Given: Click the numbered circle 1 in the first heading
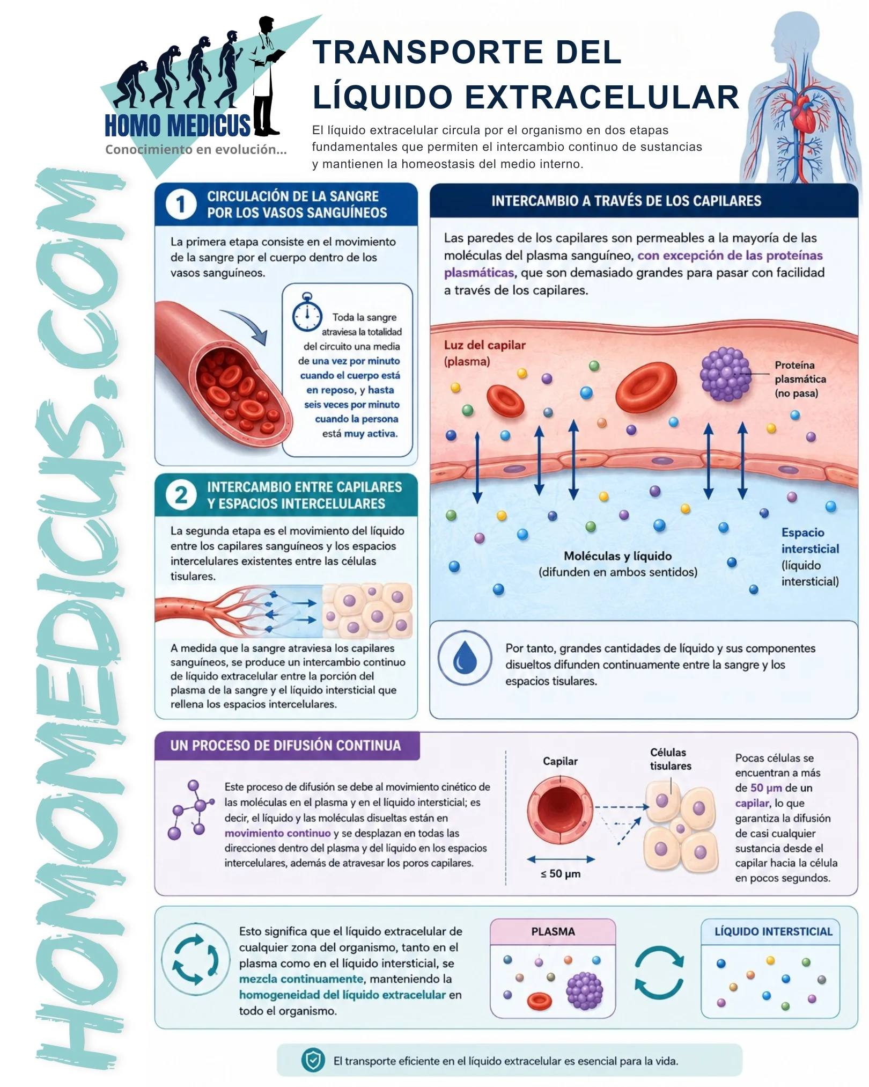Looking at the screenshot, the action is click(181, 205).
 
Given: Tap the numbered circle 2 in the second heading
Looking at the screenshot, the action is click(181, 495).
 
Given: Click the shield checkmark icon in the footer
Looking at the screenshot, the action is click(313, 1060).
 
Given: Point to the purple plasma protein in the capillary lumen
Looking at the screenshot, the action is click(725, 374).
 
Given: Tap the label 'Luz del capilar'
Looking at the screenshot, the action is click(484, 345).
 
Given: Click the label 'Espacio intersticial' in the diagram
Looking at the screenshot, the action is click(810, 541).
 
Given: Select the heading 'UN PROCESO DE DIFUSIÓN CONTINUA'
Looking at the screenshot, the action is click(285, 746).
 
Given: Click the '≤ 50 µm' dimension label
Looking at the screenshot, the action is click(561, 873).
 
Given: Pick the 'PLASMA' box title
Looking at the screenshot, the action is click(553, 932).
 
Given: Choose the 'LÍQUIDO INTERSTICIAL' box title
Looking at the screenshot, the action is click(773, 932).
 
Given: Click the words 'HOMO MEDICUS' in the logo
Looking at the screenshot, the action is click(177, 126).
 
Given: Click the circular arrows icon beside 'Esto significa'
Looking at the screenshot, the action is click(196, 959).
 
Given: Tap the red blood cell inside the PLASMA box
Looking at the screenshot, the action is click(540, 1001).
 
